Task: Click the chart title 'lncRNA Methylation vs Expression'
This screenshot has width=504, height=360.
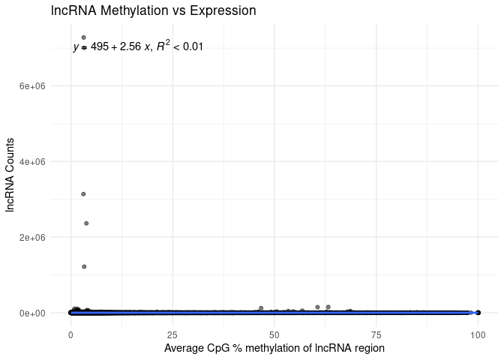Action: tap(154, 11)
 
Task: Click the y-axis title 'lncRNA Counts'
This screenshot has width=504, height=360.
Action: tap(10, 175)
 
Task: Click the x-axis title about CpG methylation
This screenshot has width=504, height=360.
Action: tap(274, 348)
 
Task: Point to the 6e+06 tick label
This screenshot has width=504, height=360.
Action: tap(32, 86)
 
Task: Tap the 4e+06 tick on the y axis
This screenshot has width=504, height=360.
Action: tap(32, 162)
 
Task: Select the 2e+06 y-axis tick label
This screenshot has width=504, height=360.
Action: tap(32, 238)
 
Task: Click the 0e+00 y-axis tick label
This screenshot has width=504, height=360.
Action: tap(32, 313)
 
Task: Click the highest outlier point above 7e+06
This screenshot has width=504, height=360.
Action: tap(84, 37)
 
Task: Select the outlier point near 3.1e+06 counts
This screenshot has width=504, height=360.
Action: tap(83, 194)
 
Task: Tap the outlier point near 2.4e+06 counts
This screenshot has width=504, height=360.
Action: tap(86, 223)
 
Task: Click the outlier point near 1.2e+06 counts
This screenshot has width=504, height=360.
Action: tap(84, 267)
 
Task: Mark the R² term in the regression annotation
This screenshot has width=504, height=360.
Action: tap(164, 46)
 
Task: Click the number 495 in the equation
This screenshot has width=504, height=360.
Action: tap(100, 47)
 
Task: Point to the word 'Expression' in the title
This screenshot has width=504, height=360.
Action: tap(226, 11)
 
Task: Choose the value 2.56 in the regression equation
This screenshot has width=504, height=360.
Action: tap(130, 47)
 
